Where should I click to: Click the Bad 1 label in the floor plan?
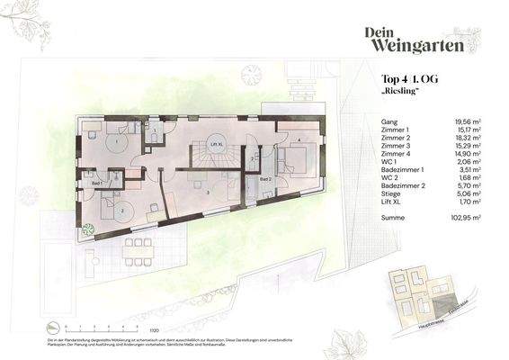click(x=94, y=183)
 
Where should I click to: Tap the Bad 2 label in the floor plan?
click(x=266, y=180)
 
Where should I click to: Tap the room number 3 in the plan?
click(x=207, y=193)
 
